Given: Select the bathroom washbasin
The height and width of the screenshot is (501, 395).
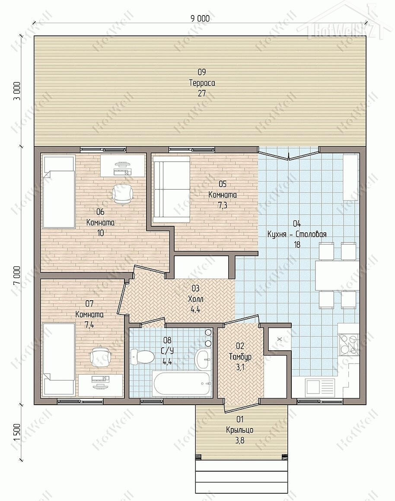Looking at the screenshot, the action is coord(203,359).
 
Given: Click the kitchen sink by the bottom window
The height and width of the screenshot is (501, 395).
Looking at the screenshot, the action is coord(320,387).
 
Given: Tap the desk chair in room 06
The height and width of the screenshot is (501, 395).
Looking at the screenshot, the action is coord(122,193).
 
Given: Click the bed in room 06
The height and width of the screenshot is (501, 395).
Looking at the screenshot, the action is coord(59,192).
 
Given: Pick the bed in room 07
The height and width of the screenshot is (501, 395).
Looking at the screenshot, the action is coord(59,359).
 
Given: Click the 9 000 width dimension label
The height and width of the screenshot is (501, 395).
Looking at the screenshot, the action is coord(200,19).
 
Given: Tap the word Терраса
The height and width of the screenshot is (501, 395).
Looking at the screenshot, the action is coord(202,83).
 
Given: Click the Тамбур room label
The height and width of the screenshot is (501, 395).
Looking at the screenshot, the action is coord(240,357).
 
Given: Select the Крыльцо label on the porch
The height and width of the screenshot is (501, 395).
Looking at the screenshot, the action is coord(239,430).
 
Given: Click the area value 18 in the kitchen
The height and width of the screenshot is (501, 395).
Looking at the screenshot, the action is coord(297,244).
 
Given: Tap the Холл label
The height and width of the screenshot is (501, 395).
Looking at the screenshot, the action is coord(195,299).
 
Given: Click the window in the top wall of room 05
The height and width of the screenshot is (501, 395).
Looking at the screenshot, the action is coord(191,149).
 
